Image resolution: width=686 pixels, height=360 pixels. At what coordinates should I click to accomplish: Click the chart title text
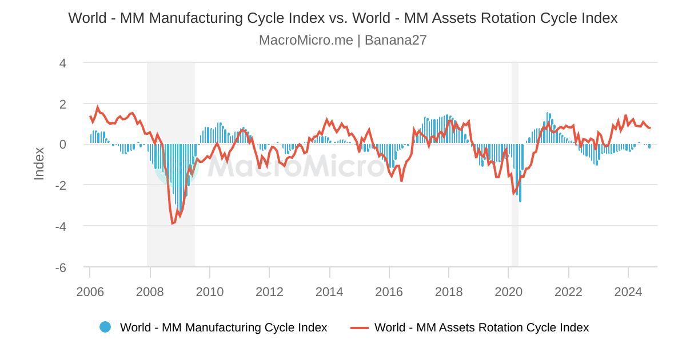point(343,18)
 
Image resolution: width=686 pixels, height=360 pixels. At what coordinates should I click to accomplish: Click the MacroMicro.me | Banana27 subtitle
point(343,41)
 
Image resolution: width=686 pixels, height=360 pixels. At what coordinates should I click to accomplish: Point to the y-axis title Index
point(39,163)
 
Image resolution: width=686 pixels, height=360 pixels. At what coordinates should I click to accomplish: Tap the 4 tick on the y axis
point(63,63)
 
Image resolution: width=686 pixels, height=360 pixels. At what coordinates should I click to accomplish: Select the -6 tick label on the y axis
point(61,267)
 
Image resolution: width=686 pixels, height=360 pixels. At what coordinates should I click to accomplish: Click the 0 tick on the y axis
point(63,145)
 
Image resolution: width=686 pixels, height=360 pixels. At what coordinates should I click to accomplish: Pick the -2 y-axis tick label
point(61,186)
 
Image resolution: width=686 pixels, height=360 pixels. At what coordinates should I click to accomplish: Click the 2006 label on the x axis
point(90,292)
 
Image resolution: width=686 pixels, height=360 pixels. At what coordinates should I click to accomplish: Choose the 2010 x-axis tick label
point(210,292)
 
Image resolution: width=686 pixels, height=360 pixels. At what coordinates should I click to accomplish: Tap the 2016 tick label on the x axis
point(389,292)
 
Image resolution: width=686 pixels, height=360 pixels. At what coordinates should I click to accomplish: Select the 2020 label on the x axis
point(509,292)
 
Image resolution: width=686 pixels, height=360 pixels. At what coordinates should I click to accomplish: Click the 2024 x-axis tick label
point(628,292)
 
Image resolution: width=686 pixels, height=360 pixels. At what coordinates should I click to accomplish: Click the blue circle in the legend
point(105,327)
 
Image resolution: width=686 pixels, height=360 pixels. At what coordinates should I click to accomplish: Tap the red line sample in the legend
point(360,327)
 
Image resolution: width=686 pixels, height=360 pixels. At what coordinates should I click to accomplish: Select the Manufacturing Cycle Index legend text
point(224,327)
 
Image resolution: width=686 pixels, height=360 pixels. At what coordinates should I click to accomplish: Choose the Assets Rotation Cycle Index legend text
point(481,327)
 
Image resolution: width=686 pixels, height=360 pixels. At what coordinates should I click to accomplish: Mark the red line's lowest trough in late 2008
point(173,223)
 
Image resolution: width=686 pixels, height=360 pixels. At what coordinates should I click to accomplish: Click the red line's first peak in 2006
point(98,107)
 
